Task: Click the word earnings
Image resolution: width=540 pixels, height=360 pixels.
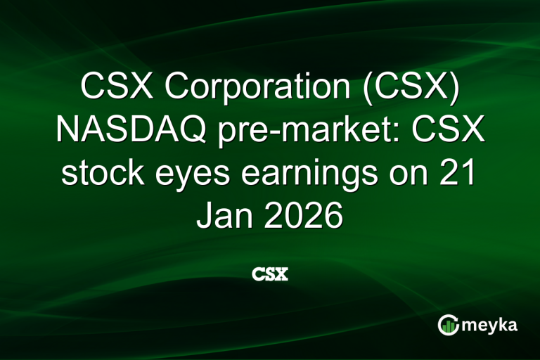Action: (x=311, y=176)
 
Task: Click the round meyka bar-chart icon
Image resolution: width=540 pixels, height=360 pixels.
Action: (x=449, y=324)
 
